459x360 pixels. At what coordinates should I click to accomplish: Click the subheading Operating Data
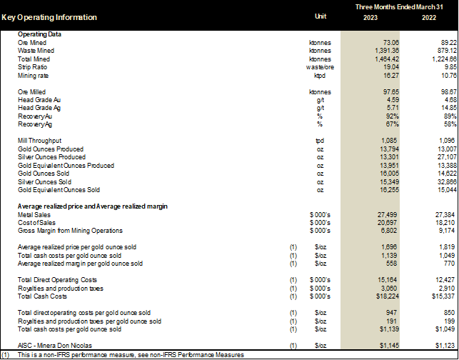coord(39,35)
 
